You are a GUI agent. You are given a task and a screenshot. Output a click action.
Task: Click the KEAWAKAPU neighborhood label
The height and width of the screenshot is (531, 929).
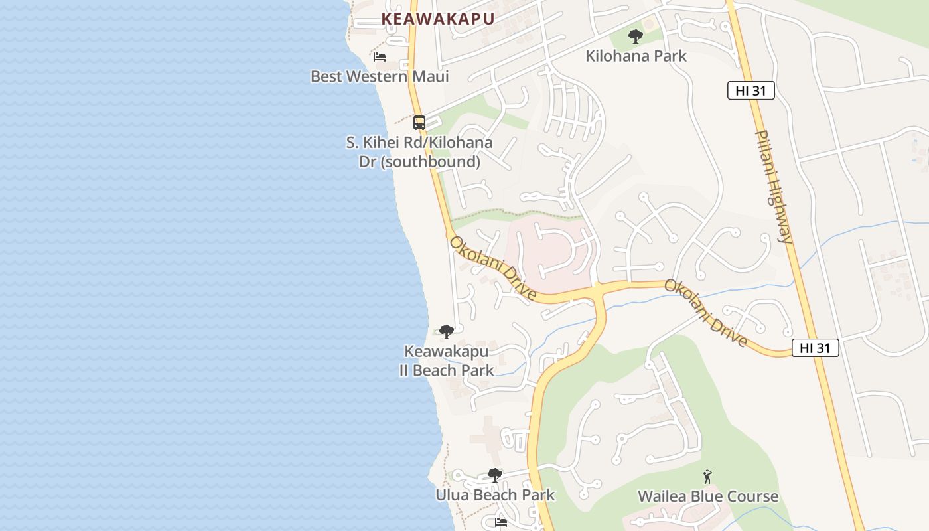click(x=438, y=19)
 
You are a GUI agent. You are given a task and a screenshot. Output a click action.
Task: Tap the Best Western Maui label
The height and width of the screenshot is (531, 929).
click(x=380, y=76)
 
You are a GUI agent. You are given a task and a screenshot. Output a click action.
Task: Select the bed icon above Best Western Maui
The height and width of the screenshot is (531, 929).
click(x=380, y=57)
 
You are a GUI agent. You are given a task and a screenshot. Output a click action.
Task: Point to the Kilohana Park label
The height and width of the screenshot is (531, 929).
click(x=636, y=56)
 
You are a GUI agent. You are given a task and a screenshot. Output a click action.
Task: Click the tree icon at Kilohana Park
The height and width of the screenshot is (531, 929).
click(x=636, y=37)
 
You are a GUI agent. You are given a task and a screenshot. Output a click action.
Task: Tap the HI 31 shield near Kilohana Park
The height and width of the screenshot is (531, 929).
click(x=751, y=90)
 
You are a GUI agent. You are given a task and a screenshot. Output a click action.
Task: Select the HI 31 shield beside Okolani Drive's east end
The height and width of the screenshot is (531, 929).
click(x=815, y=348)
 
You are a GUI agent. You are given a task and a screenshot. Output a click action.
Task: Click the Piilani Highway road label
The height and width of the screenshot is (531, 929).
click(x=774, y=187)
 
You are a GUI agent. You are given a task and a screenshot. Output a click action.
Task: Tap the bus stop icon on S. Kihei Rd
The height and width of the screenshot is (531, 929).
click(x=419, y=122)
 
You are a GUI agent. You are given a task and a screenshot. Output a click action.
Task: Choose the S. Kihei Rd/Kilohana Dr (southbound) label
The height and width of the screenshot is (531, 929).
click(x=419, y=152)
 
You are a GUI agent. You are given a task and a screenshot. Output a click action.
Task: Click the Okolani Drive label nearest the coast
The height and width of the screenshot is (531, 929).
click(x=492, y=269)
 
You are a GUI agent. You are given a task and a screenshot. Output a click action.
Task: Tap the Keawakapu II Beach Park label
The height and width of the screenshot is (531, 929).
click(x=447, y=361)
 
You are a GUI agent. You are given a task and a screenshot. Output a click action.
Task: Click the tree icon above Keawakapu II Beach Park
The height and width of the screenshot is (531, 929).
click(x=447, y=331)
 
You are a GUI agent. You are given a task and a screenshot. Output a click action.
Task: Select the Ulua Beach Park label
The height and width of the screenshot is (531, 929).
click(x=495, y=495)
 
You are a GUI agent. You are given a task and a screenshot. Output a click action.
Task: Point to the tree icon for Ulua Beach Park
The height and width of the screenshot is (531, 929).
click(x=494, y=475)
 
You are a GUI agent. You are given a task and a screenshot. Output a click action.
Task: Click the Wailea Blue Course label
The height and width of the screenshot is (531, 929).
click(x=708, y=496)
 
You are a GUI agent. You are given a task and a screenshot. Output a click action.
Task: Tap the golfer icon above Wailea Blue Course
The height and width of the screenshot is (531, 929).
click(x=708, y=477)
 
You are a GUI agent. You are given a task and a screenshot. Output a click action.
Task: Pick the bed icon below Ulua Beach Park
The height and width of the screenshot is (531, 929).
click(x=501, y=522)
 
